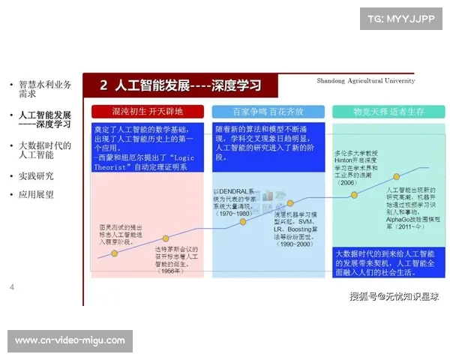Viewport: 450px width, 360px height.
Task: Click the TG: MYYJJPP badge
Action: click(400, 18)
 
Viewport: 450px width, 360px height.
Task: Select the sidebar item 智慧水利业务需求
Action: click(45, 90)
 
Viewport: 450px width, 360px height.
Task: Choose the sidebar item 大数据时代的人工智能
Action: click(45, 150)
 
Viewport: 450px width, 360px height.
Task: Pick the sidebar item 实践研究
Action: click(36, 176)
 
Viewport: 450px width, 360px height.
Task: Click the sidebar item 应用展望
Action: click(36, 194)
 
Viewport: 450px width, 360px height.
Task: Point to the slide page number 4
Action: click(12, 287)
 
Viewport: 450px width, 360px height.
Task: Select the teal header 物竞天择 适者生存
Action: click(388, 112)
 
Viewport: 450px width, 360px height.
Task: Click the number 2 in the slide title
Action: click(103, 85)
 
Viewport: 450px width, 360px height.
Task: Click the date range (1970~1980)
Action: click(233, 214)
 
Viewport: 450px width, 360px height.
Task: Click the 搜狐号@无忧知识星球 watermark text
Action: click(394, 296)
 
